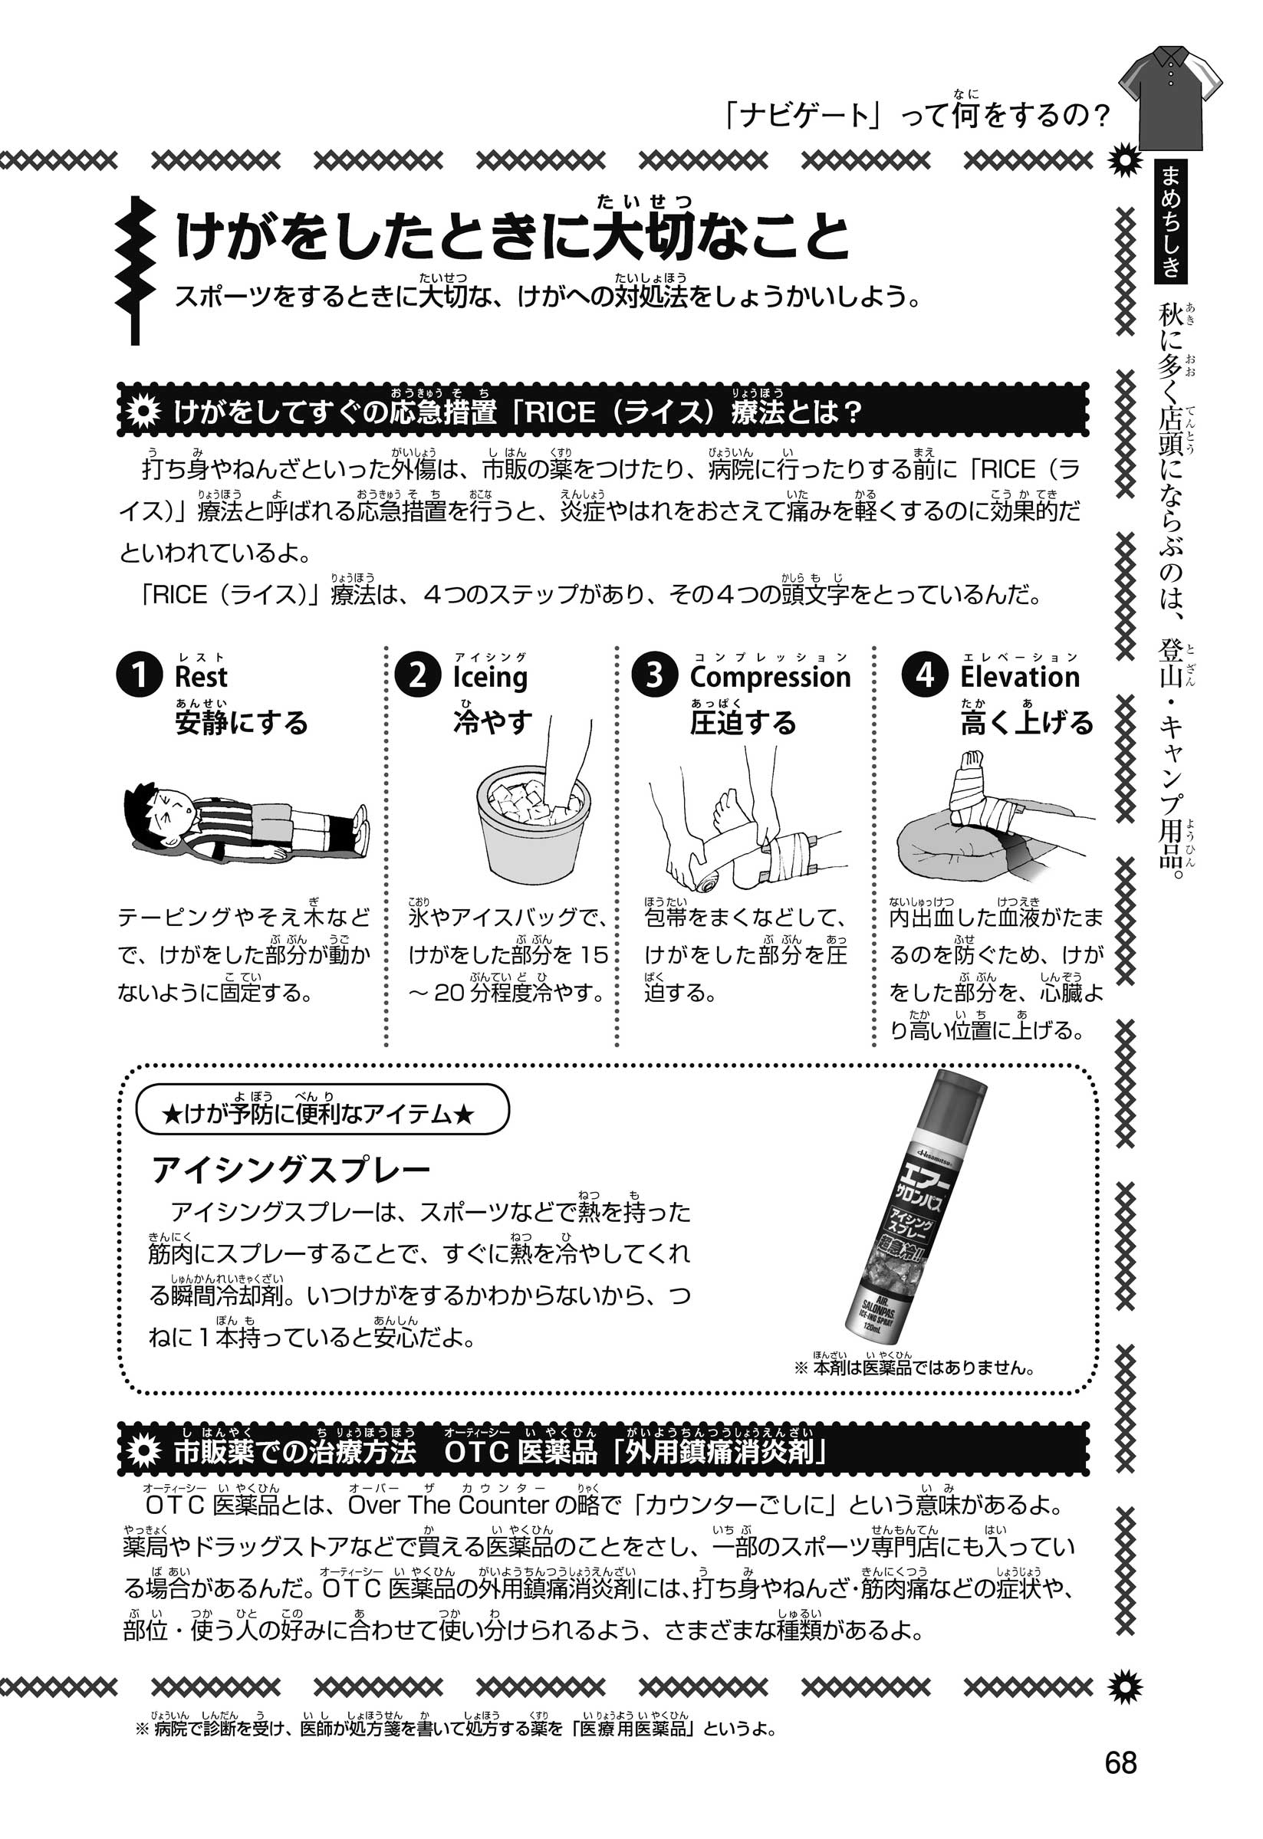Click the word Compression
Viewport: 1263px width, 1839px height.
coord(770,678)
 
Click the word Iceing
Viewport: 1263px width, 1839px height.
coord(490,678)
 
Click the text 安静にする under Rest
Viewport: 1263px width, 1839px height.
coord(242,723)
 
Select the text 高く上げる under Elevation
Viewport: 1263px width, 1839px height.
coord(1026,723)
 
